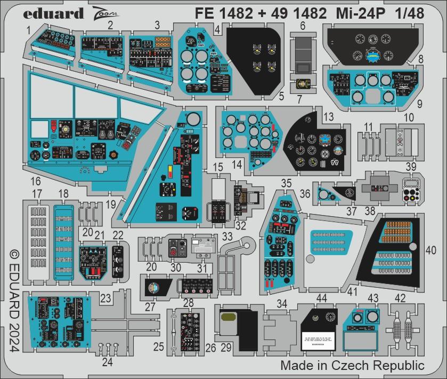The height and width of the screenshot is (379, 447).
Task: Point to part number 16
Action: point(36,180)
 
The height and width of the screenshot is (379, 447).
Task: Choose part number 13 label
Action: point(328,117)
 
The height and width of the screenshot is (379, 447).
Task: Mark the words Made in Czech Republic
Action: point(352,366)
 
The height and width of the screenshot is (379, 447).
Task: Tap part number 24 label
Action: point(108,363)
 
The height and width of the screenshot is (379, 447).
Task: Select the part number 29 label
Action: point(226,348)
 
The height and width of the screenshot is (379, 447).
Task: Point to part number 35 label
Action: point(286,183)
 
